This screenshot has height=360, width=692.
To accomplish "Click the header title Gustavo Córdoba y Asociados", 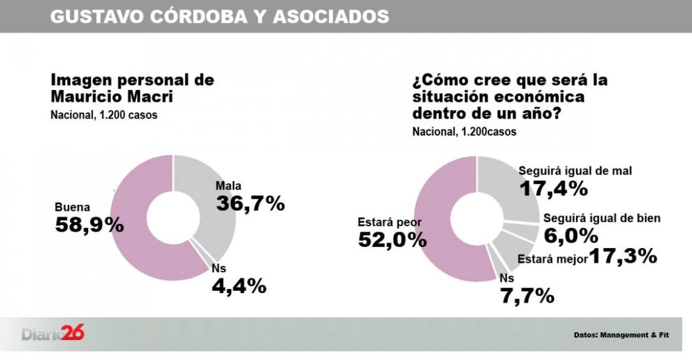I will [x=219, y=16].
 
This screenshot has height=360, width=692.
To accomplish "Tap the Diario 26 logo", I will [x=53, y=333].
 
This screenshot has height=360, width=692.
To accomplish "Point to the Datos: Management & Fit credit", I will [x=621, y=335].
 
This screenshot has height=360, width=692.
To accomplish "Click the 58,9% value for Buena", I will [x=89, y=225].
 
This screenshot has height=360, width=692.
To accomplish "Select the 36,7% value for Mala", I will [x=250, y=203].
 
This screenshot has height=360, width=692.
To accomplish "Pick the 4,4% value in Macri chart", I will [x=239, y=285].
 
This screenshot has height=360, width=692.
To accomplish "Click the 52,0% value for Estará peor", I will [x=392, y=239].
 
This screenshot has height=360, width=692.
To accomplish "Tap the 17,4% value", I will [x=553, y=188].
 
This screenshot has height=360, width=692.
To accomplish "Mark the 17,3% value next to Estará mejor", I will [x=623, y=257].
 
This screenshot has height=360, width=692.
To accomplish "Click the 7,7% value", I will [x=527, y=296].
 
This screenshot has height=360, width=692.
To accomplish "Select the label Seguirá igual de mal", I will [x=576, y=171].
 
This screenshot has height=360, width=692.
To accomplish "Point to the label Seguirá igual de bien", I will [x=601, y=218].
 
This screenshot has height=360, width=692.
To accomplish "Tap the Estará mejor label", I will [x=552, y=258].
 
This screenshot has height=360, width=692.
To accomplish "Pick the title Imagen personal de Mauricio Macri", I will [x=133, y=88].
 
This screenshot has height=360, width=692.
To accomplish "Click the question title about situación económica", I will [x=509, y=96].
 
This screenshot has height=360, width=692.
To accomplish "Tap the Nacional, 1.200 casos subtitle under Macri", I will [x=104, y=115].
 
